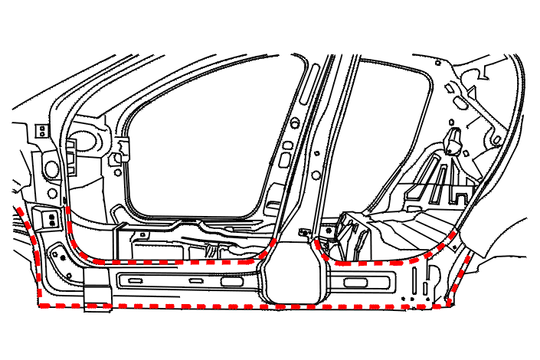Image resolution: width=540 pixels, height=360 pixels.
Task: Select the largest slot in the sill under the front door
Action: pos(231,282)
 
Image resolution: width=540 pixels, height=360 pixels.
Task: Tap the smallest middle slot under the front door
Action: pos(196,282)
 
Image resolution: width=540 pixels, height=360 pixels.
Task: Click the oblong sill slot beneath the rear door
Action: pos(356,283)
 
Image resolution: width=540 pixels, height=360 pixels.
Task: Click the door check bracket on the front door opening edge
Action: pos(118,158)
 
